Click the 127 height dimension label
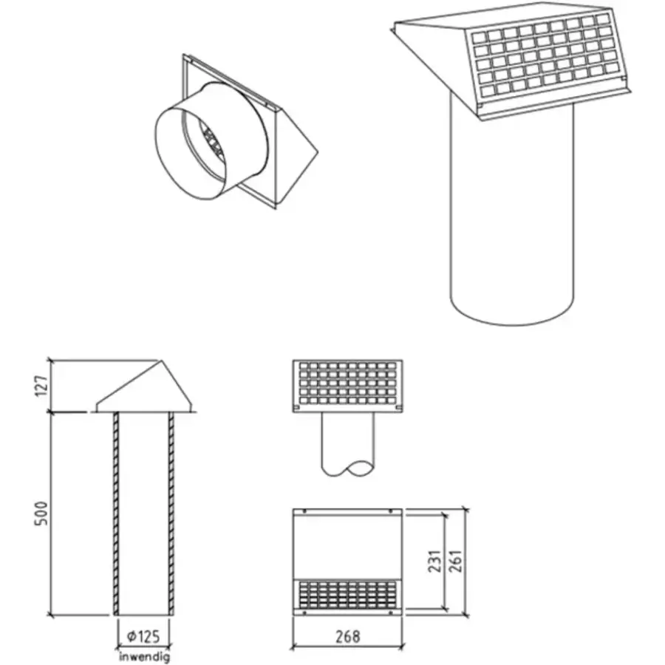pos(42,385)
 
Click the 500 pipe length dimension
pos(41,514)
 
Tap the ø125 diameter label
pos(143,636)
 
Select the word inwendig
pos(145,658)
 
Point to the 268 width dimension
pos(348,636)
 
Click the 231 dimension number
pos(434,561)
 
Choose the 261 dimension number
pos(455,561)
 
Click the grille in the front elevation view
pos(347,383)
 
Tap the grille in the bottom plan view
pos(347,595)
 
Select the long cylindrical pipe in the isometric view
pos(512,212)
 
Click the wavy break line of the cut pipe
pos(348,468)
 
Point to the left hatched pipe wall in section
pos(116,514)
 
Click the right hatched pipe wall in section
pos(171,514)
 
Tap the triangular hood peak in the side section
pos(161,361)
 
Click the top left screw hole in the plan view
pos(304,511)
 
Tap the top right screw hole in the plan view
pos(391,511)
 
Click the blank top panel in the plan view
pos(347,547)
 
